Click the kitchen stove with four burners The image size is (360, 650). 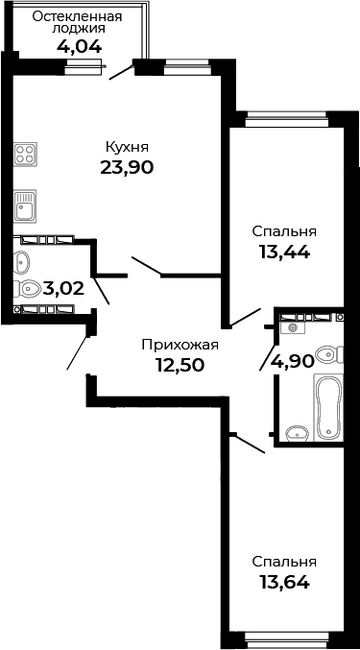point(26,155)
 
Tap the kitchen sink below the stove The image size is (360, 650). point(26,205)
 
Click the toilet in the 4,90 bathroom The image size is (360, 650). point(328,355)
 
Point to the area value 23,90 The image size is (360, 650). point(127,166)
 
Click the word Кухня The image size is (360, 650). point(127,146)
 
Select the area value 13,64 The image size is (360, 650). point(284,581)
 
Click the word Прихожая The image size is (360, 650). point(180,344)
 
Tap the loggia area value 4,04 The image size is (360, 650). point(77,44)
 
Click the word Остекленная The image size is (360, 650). point(77,16)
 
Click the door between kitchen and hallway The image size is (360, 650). point(146,265)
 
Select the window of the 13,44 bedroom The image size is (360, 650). point(284,119)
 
